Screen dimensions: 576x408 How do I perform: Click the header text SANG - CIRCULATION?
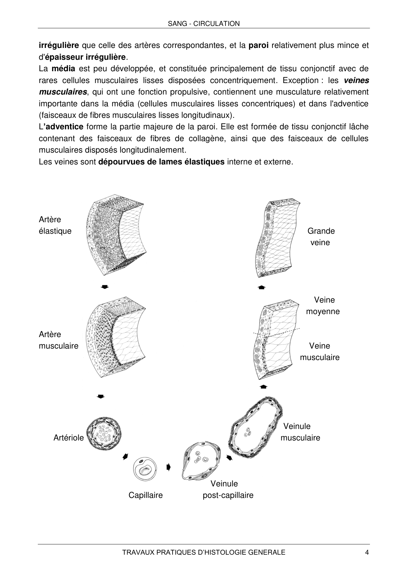click(x=204, y=24)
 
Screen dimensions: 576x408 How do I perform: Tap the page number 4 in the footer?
click(x=367, y=552)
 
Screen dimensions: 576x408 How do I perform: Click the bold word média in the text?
click(x=64, y=69)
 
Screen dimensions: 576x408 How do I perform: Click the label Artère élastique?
click(x=55, y=225)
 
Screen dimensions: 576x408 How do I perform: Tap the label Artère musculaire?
click(x=59, y=340)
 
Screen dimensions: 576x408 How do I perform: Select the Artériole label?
click(x=68, y=438)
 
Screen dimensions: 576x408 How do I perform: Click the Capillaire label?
click(x=146, y=495)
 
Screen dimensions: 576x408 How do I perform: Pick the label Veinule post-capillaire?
click(x=228, y=489)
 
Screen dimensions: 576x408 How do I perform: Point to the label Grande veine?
click(x=321, y=237)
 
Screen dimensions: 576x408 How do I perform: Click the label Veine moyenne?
click(x=323, y=306)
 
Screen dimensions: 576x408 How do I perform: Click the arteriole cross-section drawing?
click(x=104, y=434)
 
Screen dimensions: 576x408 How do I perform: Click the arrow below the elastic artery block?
click(x=105, y=287)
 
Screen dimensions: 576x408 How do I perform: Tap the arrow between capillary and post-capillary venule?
click(x=169, y=467)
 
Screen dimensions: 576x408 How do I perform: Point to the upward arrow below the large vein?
click(x=261, y=288)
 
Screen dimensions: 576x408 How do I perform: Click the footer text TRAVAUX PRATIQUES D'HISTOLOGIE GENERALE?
click(x=204, y=552)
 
